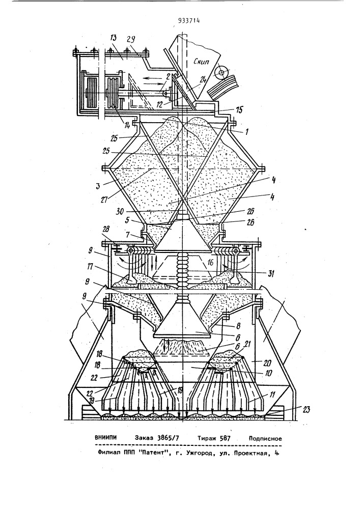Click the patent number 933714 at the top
[188, 21]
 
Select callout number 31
[269, 274]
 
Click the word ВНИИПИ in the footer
[105, 438]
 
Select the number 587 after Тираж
[225, 438]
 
